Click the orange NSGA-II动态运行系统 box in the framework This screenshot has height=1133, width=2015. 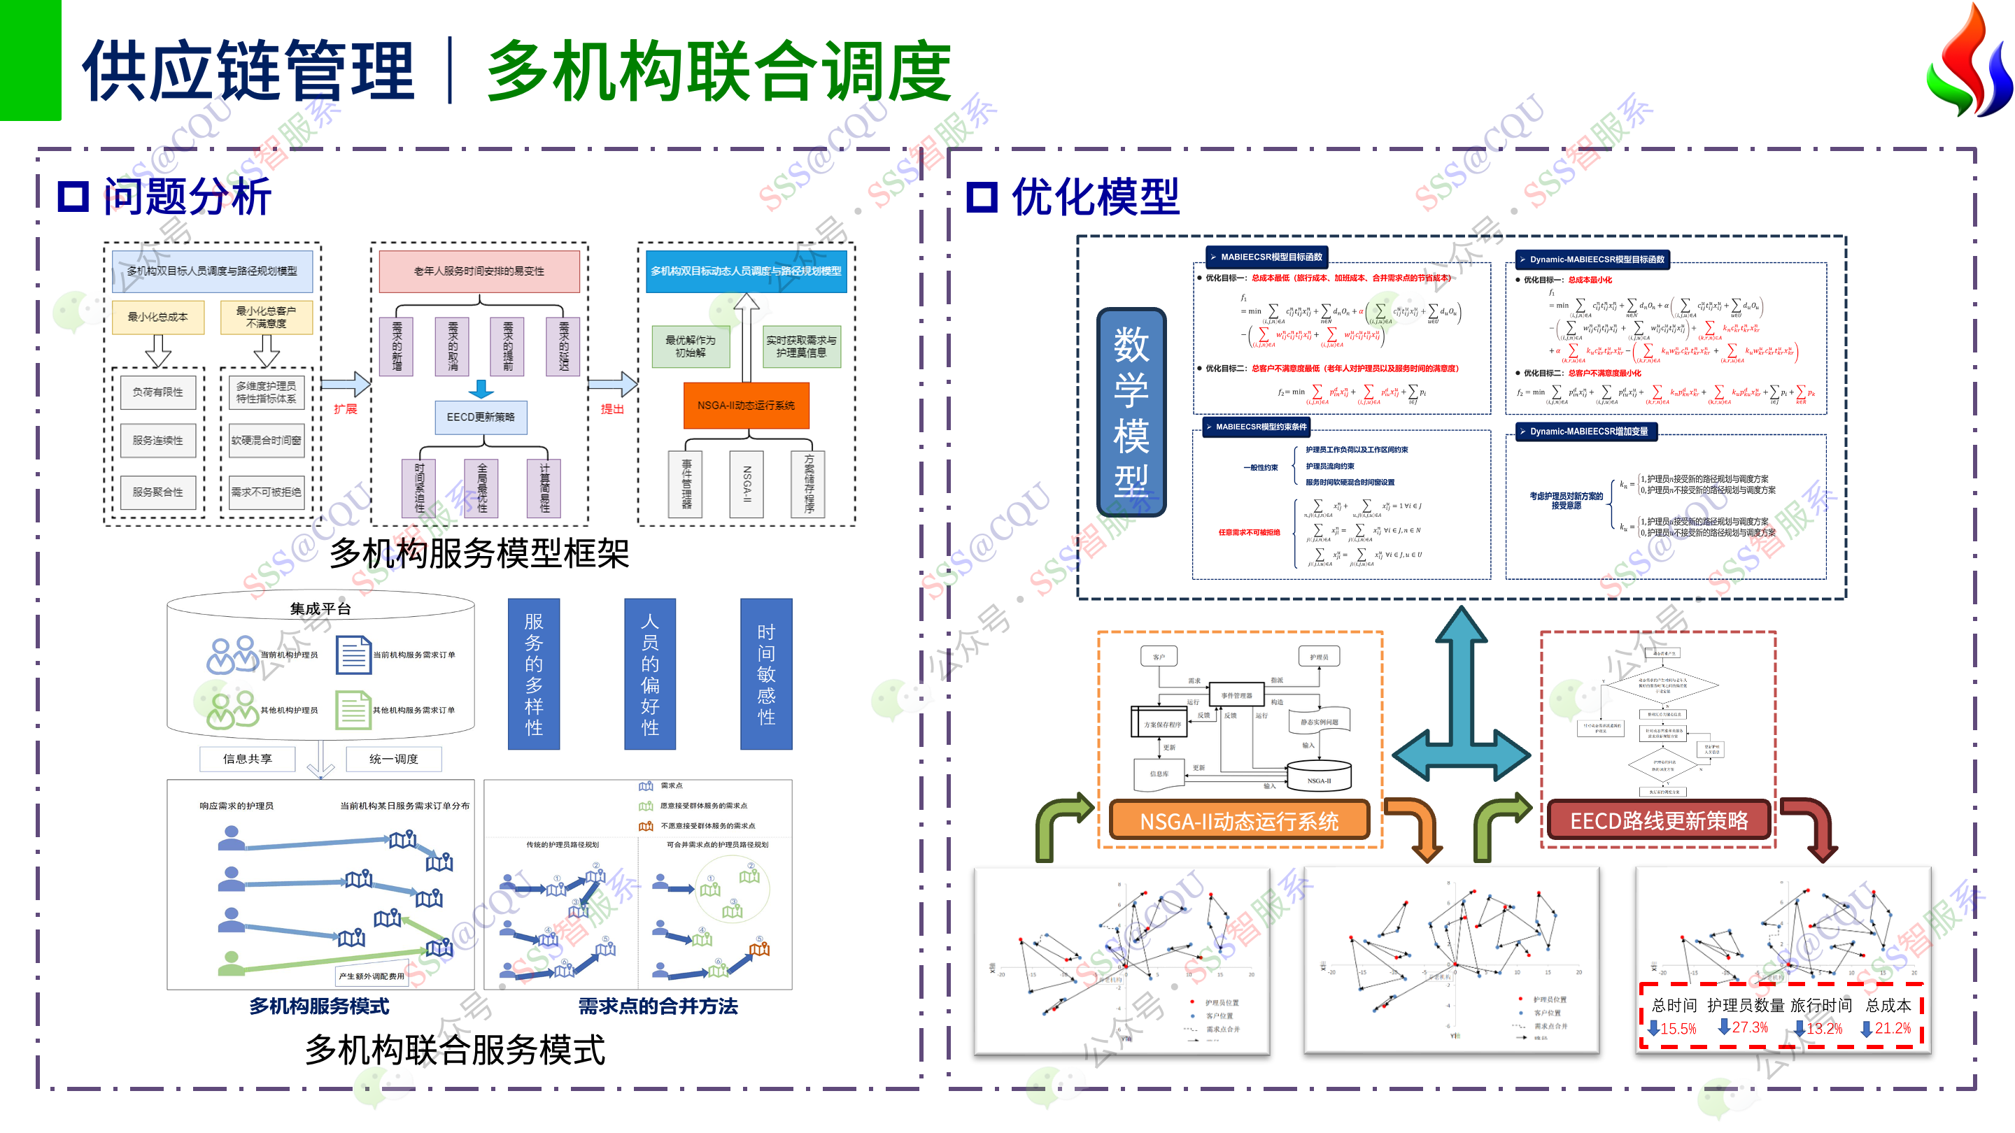[x=745, y=405]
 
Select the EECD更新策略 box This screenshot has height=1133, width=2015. [x=480, y=417]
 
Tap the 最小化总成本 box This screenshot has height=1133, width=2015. [x=158, y=317]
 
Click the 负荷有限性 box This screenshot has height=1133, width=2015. [x=158, y=392]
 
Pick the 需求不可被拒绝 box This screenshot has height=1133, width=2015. [x=266, y=492]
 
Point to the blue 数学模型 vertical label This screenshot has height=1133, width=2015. [x=1131, y=411]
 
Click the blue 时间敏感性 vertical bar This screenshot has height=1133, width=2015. [x=766, y=674]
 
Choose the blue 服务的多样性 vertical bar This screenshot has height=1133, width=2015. [x=533, y=674]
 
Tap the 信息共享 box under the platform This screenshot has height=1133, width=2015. [x=247, y=758]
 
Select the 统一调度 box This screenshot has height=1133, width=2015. [x=393, y=758]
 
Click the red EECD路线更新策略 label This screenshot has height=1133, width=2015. [x=1658, y=820]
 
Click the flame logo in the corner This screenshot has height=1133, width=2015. [x=1968, y=62]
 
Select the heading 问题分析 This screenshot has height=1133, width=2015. [x=188, y=196]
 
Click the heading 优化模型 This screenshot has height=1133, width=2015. [x=1095, y=196]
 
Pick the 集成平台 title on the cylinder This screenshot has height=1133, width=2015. [x=320, y=608]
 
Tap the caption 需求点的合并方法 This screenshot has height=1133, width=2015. [x=658, y=1006]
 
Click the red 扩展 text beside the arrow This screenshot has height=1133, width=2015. [x=345, y=409]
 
